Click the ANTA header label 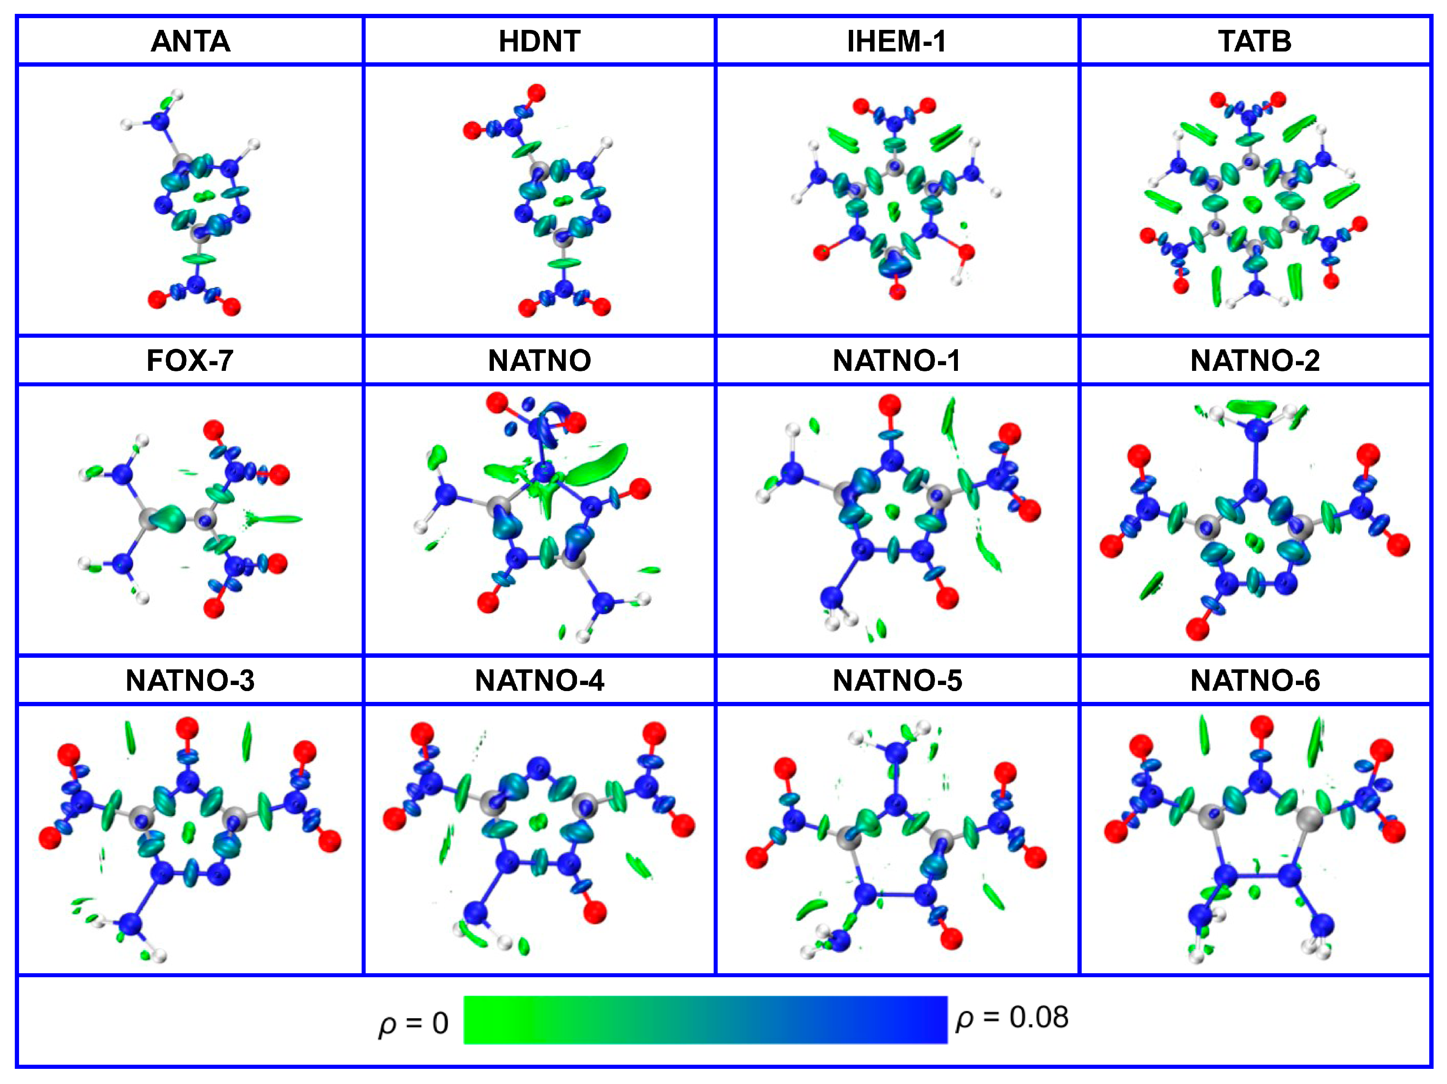point(190,41)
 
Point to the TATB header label point(1255,41)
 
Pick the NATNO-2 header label point(1255,360)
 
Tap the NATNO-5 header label point(897,681)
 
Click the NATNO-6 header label point(1255,681)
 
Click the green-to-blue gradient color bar point(705,1020)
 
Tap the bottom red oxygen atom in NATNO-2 point(1198,629)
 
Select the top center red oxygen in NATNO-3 point(187,727)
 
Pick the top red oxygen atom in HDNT point(536,92)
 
